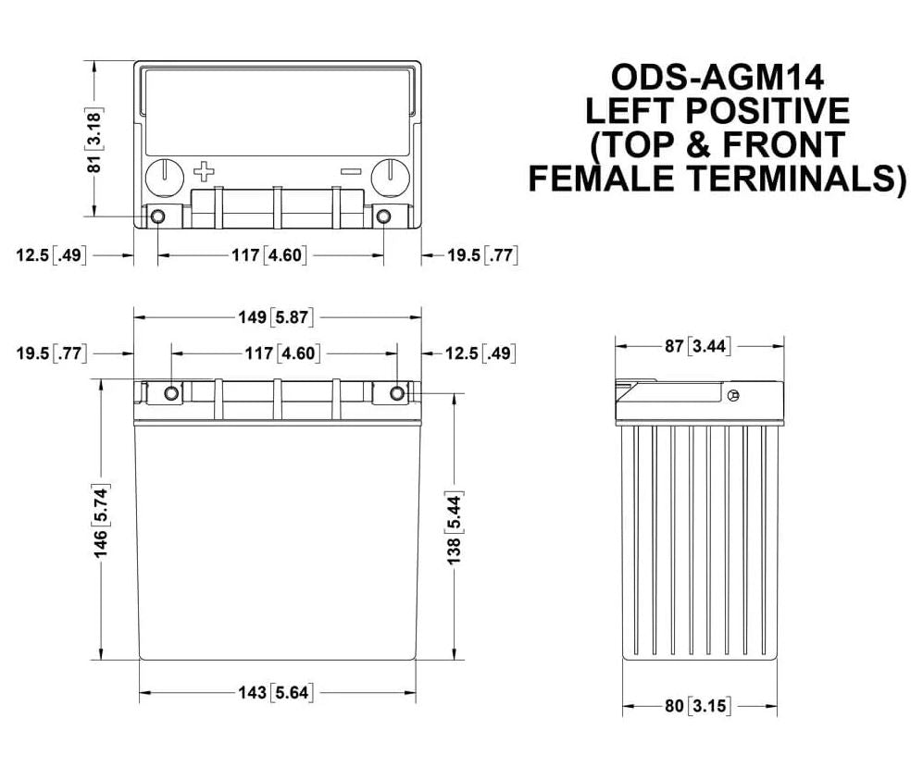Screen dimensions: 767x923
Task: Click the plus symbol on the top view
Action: [204, 172]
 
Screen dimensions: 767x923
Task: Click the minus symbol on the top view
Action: [350, 171]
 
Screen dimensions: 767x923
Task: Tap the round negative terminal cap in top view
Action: [390, 176]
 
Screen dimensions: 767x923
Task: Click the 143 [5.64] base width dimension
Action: [275, 692]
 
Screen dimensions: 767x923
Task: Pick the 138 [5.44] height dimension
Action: [454, 525]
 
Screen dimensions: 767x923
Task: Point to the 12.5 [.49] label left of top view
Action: [51, 255]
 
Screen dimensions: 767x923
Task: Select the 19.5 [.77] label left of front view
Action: [51, 353]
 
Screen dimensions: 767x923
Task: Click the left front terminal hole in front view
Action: [172, 394]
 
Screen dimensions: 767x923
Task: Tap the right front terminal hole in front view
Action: [397, 394]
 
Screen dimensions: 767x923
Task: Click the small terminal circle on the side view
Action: [733, 397]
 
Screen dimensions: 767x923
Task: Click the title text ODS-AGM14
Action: [717, 78]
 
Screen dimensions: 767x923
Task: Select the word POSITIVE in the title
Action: [767, 111]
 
